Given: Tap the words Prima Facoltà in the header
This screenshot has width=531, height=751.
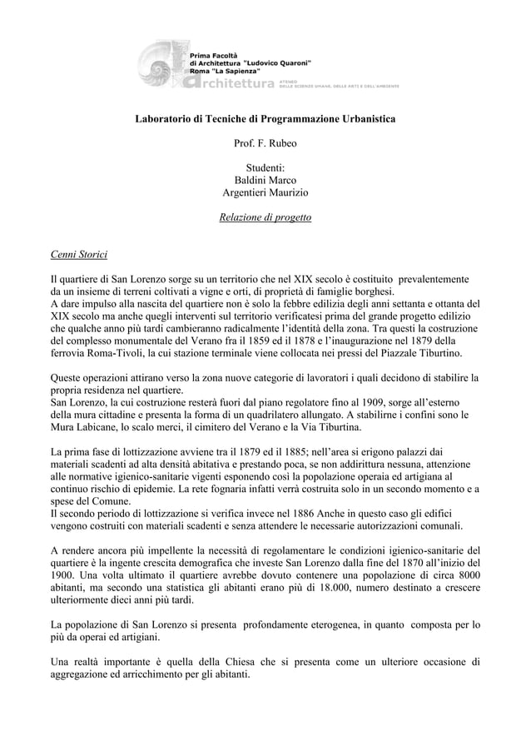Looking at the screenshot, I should pyautogui.click(x=215, y=53).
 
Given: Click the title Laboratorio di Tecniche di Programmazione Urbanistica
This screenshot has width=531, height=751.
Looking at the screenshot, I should pyautogui.click(x=265, y=119).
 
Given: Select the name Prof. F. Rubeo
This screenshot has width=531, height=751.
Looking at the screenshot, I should pyautogui.click(x=265, y=143).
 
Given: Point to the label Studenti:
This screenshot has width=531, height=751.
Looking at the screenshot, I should pyautogui.click(x=265, y=168).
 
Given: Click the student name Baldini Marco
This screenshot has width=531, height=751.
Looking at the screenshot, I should pyautogui.click(x=265, y=181).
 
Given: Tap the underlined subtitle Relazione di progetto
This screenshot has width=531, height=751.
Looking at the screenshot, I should pyautogui.click(x=265, y=218).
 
